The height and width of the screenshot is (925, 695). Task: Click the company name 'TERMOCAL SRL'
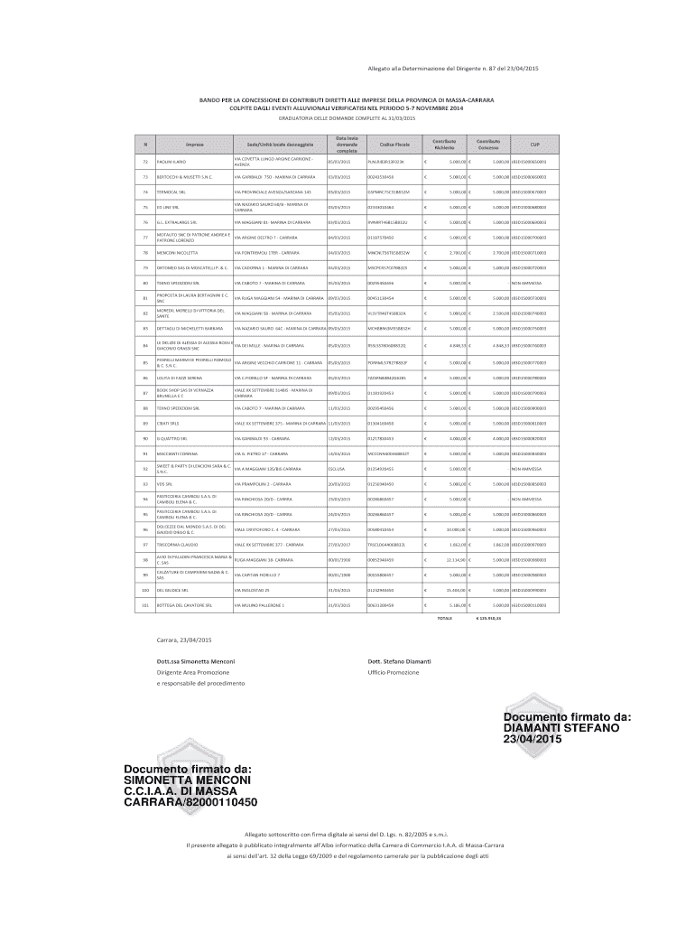click(173, 192)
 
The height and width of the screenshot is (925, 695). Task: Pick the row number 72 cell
click(144, 161)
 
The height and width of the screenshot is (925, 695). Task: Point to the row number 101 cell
click(144, 604)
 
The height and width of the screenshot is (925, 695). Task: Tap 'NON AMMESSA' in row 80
click(526, 283)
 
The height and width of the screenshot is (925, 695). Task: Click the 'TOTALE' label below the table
click(444, 619)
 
